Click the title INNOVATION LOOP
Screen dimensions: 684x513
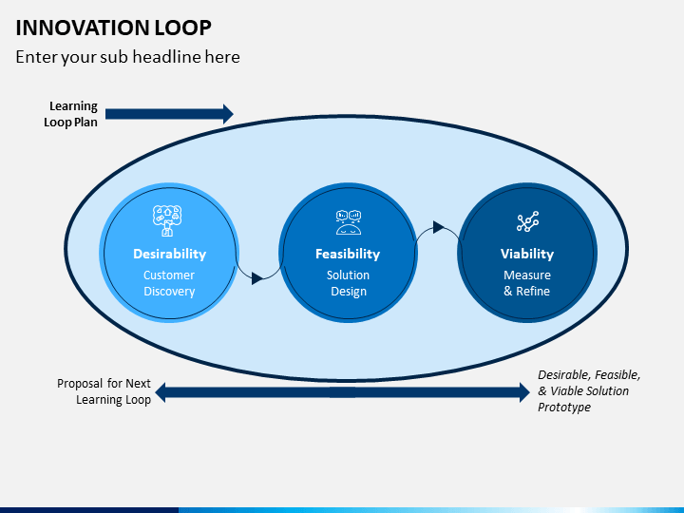pos(113,28)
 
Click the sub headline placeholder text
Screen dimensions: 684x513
pos(128,57)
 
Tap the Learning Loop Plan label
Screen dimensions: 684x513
pos(70,114)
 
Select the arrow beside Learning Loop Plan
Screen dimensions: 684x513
pos(169,114)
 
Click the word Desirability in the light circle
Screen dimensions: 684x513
pos(170,254)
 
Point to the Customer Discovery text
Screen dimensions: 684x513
pos(169,283)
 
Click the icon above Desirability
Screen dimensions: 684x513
pos(167,220)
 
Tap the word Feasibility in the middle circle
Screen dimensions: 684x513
pos(348,254)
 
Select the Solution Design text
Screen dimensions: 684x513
pos(348,283)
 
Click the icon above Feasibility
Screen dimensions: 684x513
pos(349,222)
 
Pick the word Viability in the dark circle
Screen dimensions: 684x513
pos(527,254)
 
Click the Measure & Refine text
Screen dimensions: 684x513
pos(527,283)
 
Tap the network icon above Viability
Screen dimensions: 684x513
pos(528,221)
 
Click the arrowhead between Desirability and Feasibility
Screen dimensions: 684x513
pos(256,278)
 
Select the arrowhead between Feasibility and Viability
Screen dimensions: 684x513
pos(438,227)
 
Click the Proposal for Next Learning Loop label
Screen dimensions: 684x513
pos(104,391)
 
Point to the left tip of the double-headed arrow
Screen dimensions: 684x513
pos(156,392)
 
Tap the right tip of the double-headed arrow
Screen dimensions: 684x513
pos(530,392)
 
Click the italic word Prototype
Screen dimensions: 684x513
pos(564,407)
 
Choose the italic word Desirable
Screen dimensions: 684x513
pos(563,375)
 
